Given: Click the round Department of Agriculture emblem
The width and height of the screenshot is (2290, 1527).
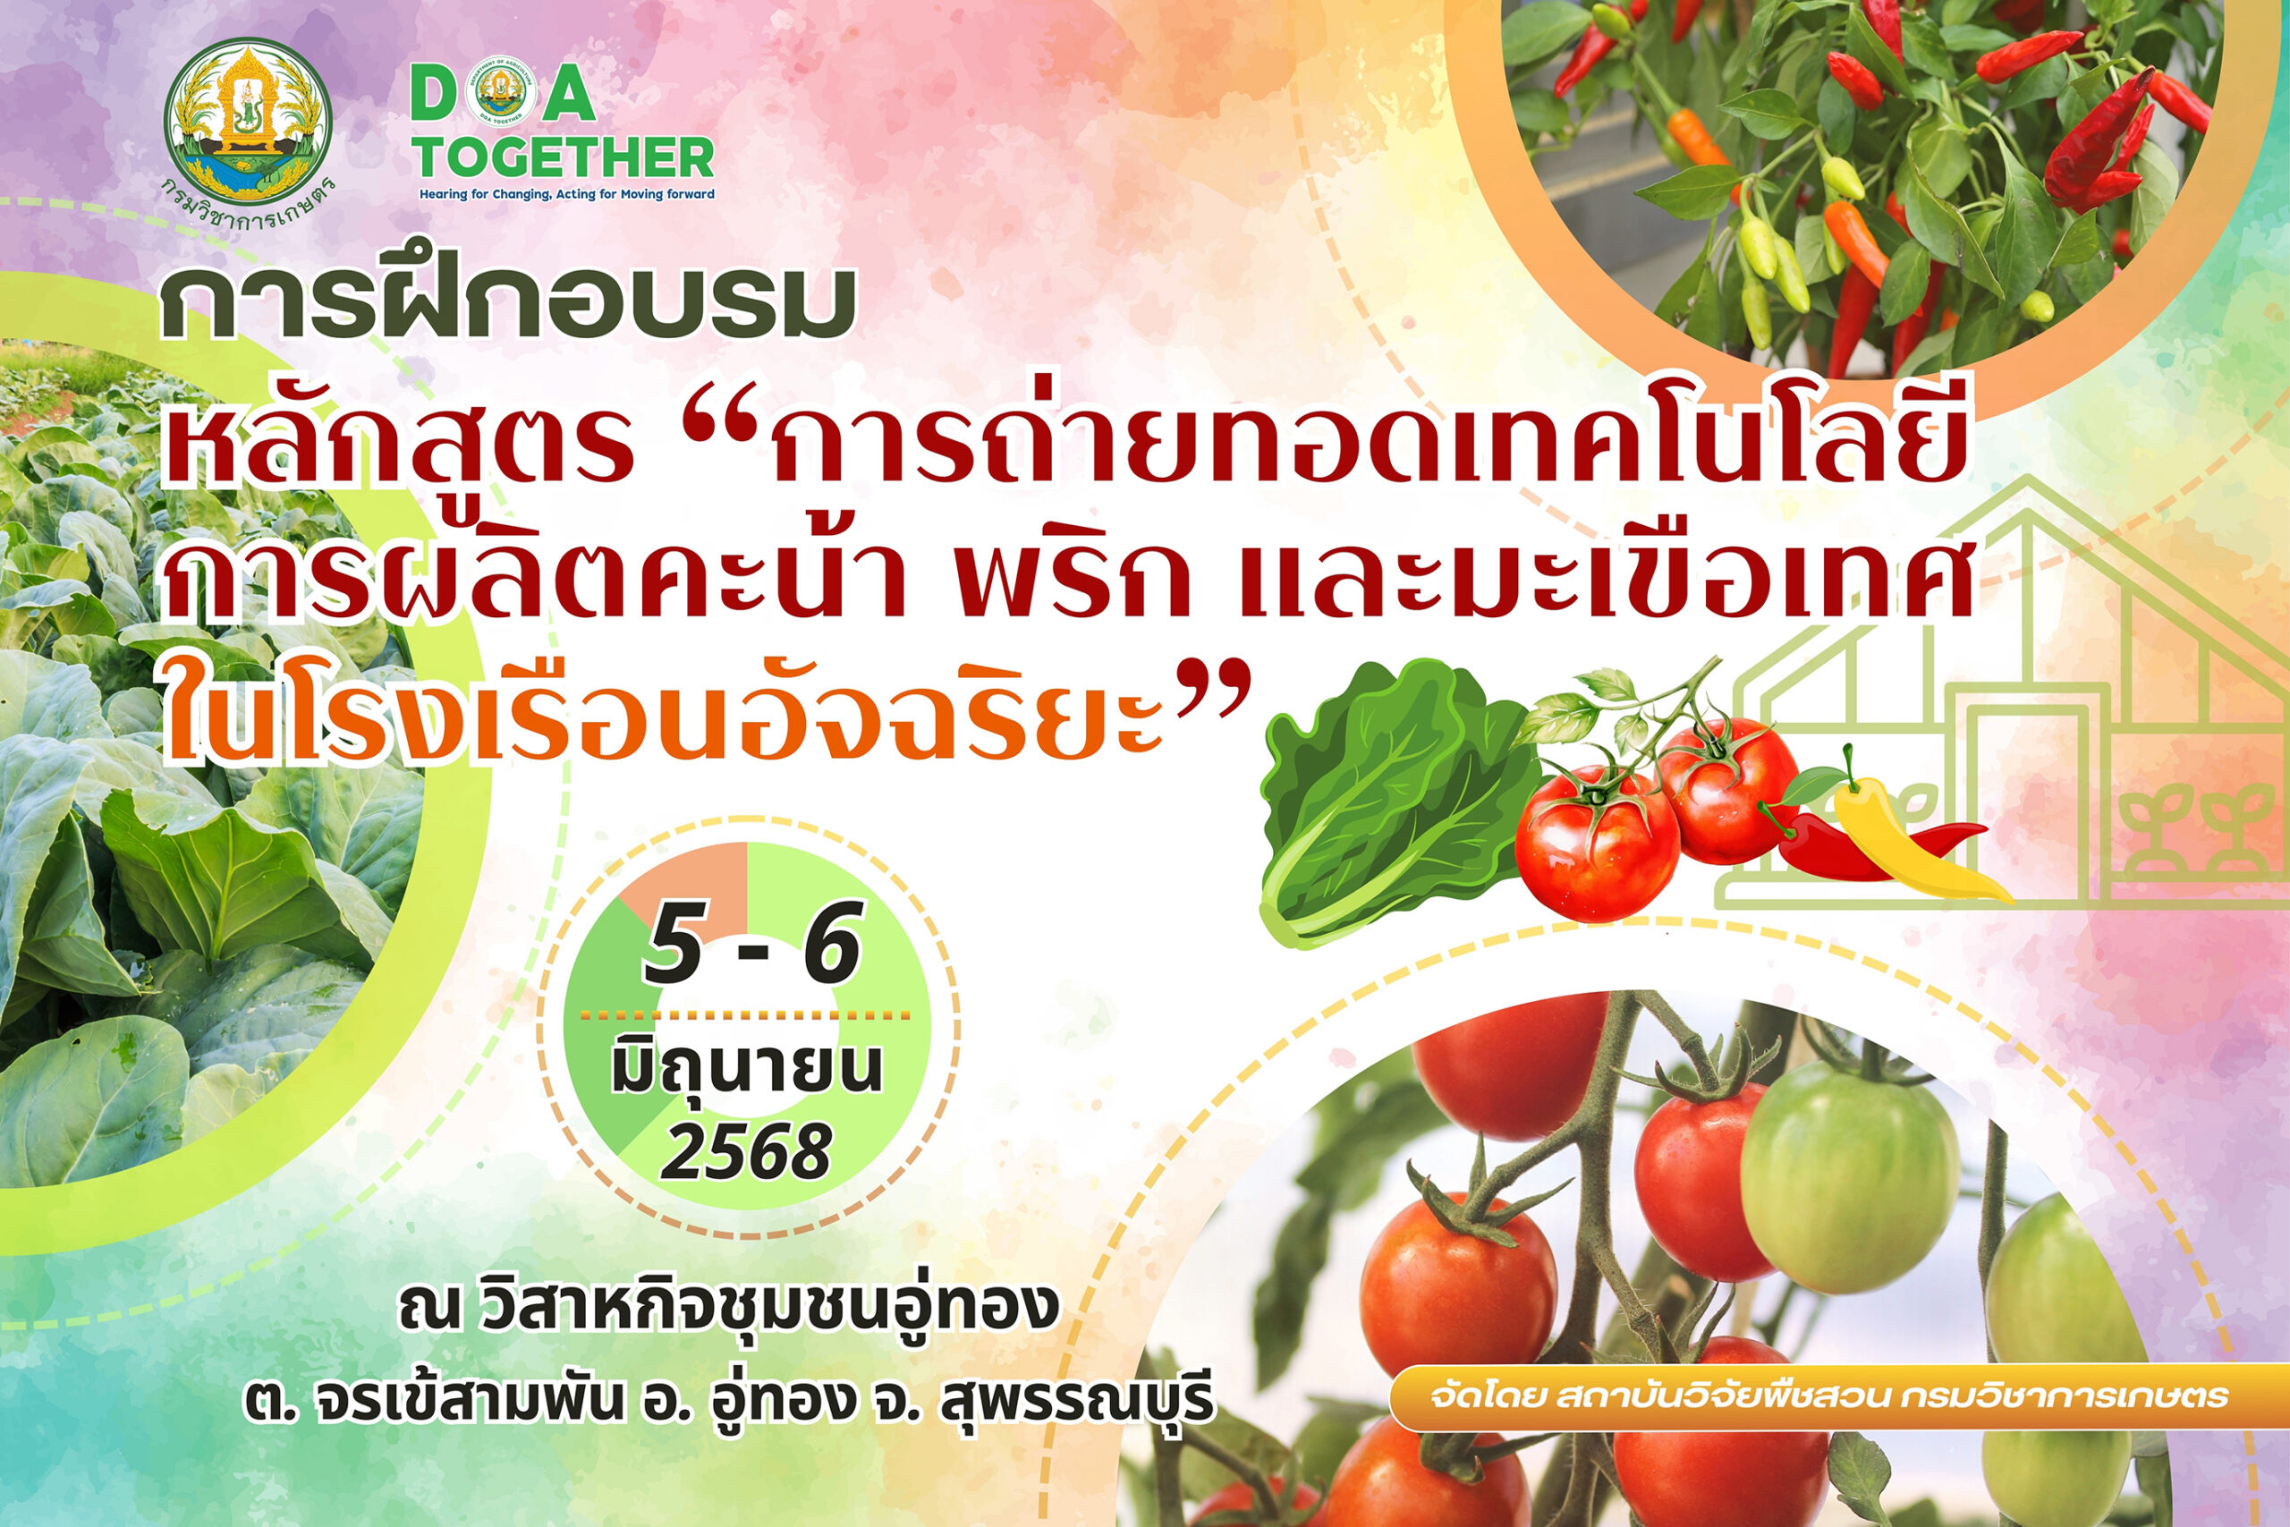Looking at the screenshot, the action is pyautogui.click(x=247, y=118).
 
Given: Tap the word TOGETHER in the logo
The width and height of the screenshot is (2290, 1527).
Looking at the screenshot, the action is pyautogui.click(x=565, y=157).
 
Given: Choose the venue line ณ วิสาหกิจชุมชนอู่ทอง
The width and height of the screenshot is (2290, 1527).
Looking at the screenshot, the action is pyautogui.click(x=728, y=1306).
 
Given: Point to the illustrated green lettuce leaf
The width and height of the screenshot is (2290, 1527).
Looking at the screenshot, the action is pyautogui.click(x=1397, y=803).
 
